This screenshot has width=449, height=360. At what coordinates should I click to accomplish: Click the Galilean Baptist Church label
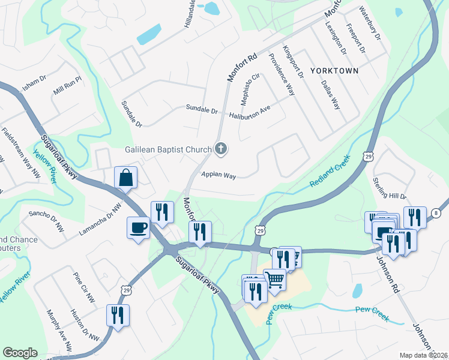pos(168,149)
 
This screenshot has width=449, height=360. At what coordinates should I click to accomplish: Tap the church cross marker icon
pos(221,149)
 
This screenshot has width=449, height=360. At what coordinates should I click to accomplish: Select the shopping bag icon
pos(126,178)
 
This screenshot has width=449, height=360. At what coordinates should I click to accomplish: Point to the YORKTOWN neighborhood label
pos(334,71)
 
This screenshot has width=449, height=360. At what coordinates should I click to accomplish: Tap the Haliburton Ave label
pos(250,112)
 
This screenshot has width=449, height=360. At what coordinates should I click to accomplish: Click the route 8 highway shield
pos(436,213)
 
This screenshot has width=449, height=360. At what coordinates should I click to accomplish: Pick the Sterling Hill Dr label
pos(390,188)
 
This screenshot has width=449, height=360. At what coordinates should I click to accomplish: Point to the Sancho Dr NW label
pos(46,221)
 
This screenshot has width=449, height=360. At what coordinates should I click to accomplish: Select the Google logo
pos(20,353)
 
